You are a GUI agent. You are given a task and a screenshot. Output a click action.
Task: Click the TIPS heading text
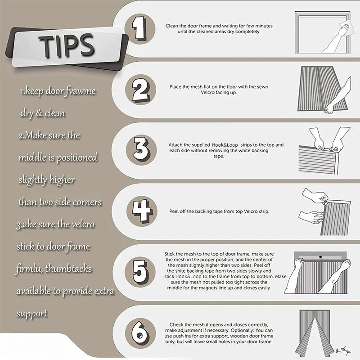[x=67, y=45]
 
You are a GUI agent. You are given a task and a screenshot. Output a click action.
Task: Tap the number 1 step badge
[x=139, y=29]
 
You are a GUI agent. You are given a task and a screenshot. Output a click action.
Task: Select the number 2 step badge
[x=140, y=90]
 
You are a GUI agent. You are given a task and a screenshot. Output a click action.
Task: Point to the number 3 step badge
[x=141, y=150]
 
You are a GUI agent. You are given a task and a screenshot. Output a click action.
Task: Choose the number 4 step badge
[x=142, y=211]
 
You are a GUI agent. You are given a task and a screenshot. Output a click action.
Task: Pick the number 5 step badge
[x=140, y=272]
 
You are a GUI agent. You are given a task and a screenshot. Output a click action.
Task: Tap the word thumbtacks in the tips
[x=68, y=269]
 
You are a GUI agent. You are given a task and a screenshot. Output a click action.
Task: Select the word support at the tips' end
[x=32, y=314]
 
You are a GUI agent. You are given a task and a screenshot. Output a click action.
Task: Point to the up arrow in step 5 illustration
[x=320, y=256]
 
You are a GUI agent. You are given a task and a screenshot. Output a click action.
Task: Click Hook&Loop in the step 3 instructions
[x=225, y=145]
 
